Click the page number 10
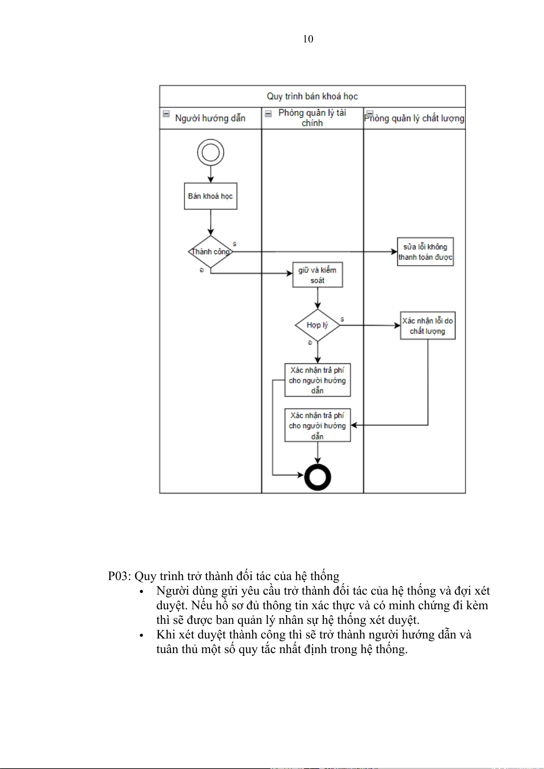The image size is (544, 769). pos(308,39)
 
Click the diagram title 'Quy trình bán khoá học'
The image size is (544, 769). pos(312,96)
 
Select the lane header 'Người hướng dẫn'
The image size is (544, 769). pos(210,118)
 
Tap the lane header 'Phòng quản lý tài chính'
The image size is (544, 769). pos(312,118)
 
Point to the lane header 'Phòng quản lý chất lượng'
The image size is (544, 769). pos(414,118)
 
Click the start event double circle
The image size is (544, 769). pos(211,152)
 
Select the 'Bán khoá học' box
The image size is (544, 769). pos(211,196)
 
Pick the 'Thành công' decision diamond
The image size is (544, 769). pos(211,251)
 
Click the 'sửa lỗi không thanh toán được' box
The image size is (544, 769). pos(425,251)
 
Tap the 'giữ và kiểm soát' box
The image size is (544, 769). pos(317,275)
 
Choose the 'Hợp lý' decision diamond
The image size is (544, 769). pos(317,325)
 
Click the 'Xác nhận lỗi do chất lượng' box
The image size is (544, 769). pos(428,325)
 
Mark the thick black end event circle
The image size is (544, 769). pos(317,477)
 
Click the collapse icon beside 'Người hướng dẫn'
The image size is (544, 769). pos(166,114)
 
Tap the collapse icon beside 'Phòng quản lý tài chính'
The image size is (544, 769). pos(269,114)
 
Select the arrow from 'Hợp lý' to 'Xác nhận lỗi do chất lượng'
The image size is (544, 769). pos(370,325)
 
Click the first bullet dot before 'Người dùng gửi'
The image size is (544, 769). pos(142,591)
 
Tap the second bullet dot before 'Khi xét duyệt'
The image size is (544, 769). pos(142,635)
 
